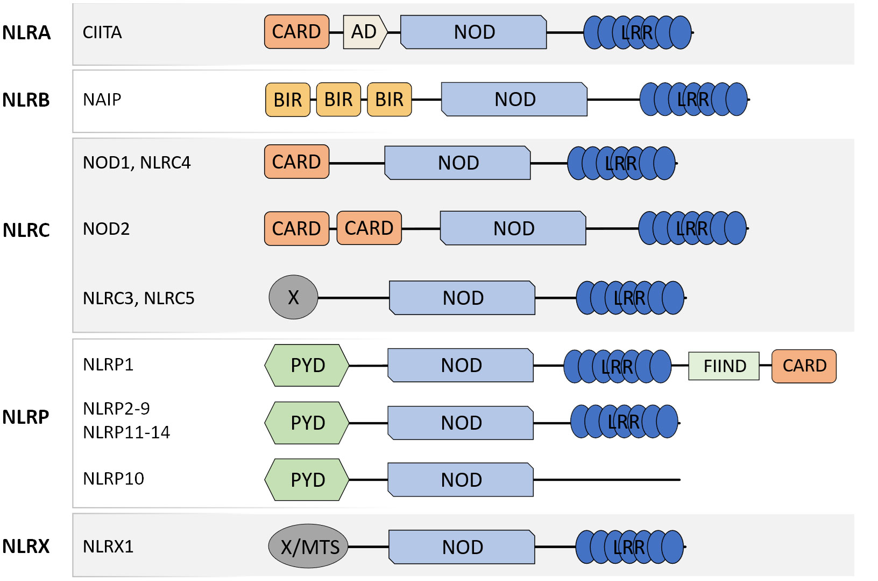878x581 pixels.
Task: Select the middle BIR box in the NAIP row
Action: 338,100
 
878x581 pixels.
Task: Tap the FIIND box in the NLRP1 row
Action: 724,366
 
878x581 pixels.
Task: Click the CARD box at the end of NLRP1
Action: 804,366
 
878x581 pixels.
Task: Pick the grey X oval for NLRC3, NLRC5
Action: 293,297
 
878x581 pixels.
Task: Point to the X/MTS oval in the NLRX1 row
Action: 308,546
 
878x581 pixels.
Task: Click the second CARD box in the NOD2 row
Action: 369,228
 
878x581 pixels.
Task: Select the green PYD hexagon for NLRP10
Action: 307,479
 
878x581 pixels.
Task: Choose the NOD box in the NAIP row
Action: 514,99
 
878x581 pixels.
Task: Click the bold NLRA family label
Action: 26,32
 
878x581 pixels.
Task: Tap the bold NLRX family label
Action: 26,546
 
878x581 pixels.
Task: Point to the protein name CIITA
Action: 102,32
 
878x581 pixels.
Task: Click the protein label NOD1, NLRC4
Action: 137,163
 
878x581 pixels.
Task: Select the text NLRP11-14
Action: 126,432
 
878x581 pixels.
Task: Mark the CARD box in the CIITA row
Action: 297,32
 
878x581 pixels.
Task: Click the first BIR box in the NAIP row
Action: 288,100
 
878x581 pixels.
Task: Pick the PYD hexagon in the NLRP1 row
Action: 307,365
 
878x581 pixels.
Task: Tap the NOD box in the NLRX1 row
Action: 462,547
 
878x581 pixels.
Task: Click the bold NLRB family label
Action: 26,100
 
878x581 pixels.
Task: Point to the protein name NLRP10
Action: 114,479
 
